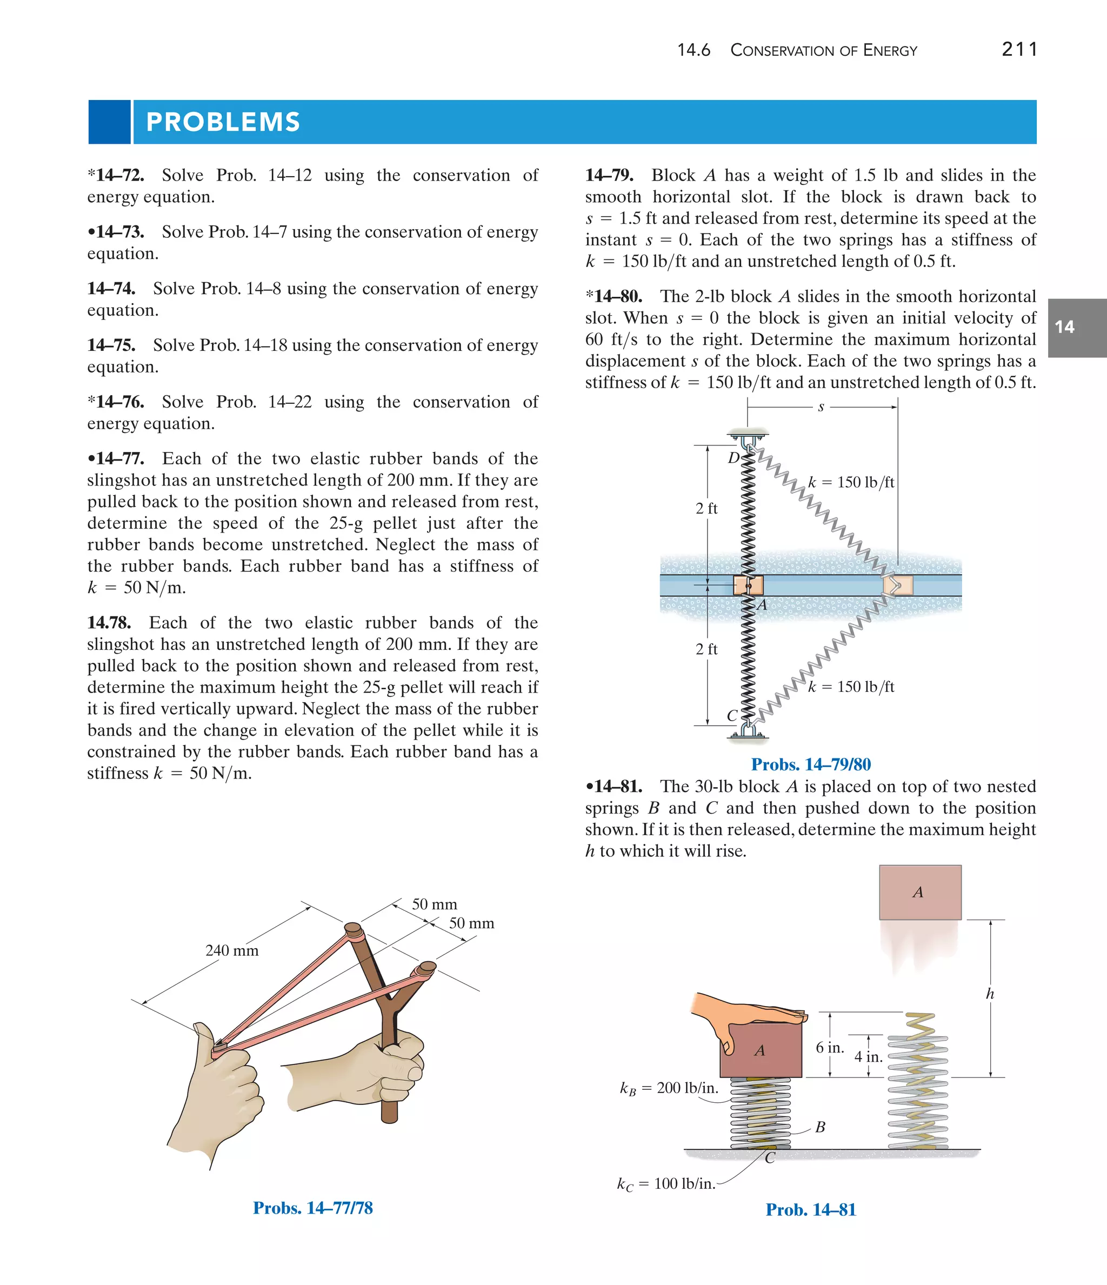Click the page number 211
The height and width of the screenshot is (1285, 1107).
coord(1019,49)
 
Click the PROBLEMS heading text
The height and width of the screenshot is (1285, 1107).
coord(223,122)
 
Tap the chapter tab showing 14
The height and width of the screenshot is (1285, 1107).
coord(1064,328)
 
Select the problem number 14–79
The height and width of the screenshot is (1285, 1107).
coord(609,176)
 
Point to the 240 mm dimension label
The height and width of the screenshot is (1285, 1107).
coord(232,951)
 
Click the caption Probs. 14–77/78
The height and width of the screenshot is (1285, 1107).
coord(312,1208)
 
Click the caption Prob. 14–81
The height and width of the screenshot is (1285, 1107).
coord(811,1210)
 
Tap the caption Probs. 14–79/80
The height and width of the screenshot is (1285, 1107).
coord(811,764)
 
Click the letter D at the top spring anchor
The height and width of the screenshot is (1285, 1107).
coord(733,458)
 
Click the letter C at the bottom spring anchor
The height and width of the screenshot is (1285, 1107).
coord(732,715)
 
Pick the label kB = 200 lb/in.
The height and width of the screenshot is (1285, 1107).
coord(669,1088)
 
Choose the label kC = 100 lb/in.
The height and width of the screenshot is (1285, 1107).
coord(665,1184)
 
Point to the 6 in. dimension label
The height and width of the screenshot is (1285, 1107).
coord(830,1048)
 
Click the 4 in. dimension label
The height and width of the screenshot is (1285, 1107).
coord(868,1057)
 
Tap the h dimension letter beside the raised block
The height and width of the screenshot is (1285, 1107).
coord(990,994)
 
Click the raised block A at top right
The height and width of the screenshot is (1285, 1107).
coord(920,892)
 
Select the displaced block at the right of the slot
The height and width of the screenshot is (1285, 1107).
coord(898,585)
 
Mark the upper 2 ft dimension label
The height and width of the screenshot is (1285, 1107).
coord(706,509)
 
